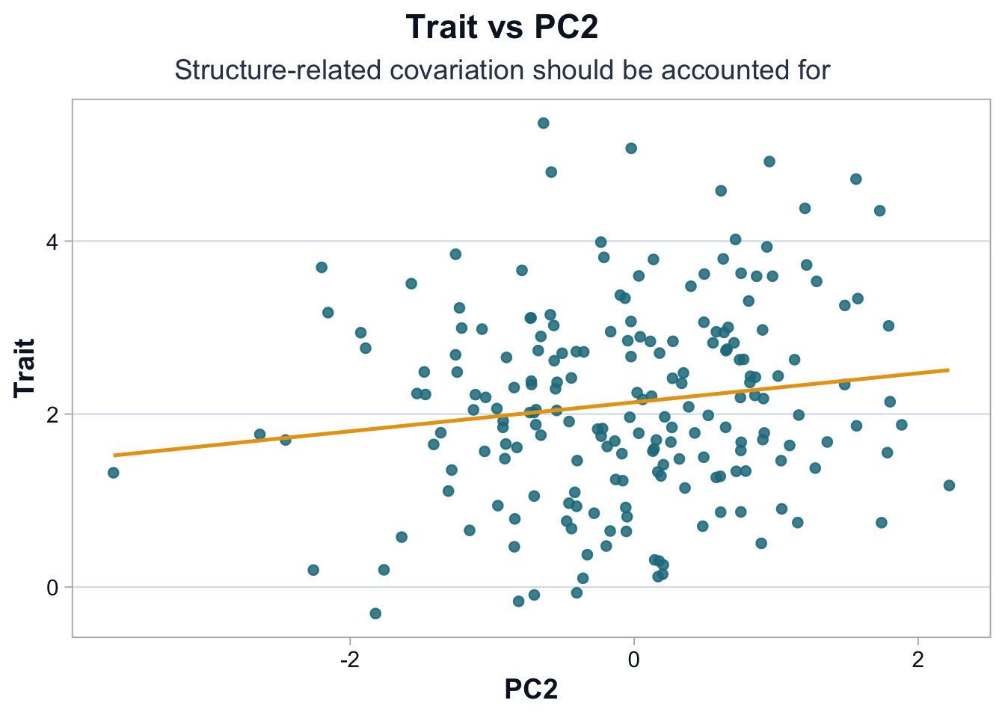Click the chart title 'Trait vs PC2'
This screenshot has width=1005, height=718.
(502, 28)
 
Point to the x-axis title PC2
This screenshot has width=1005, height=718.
(531, 689)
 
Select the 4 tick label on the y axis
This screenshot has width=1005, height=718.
(52, 242)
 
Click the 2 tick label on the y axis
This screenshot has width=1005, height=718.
(52, 414)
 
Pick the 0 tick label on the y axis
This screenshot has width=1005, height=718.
(52, 588)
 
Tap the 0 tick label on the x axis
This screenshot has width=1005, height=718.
(634, 660)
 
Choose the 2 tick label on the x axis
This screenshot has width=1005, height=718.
(918, 660)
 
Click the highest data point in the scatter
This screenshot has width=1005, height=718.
(544, 123)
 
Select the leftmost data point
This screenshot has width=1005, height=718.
(114, 473)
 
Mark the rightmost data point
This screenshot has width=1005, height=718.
(949, 485)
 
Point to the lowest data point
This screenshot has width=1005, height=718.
(375, 613)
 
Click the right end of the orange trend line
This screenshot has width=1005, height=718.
(948, 369)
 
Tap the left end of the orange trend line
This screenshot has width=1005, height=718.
(114, 455)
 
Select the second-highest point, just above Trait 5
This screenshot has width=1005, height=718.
(631, 148)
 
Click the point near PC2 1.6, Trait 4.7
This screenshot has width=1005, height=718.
(856, 179)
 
